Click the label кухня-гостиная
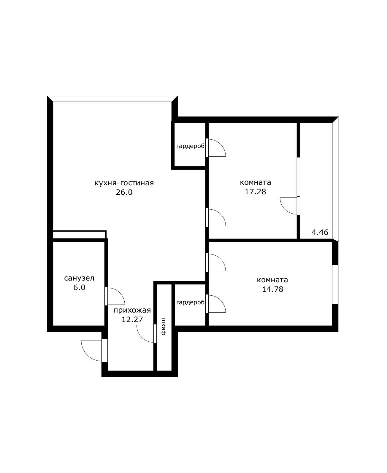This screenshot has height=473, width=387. [124, 183]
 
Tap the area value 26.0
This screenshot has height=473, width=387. [124, 192]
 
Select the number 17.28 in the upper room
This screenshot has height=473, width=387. [255, 192]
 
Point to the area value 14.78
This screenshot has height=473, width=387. [272, 289]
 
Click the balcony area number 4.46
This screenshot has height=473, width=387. [320, 232]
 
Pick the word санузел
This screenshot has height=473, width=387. [79, 278]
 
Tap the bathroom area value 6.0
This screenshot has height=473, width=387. [79, 287]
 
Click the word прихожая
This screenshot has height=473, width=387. [132, 310]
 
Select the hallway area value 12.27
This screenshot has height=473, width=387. [132, 319]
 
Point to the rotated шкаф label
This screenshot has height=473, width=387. [164, 327]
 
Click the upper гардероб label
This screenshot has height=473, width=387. [191, 146]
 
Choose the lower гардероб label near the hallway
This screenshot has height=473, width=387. [191, 302]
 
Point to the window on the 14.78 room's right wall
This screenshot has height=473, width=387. [335, 284]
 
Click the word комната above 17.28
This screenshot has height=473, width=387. [255, 182]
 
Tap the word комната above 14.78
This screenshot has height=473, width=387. [272, 280]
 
